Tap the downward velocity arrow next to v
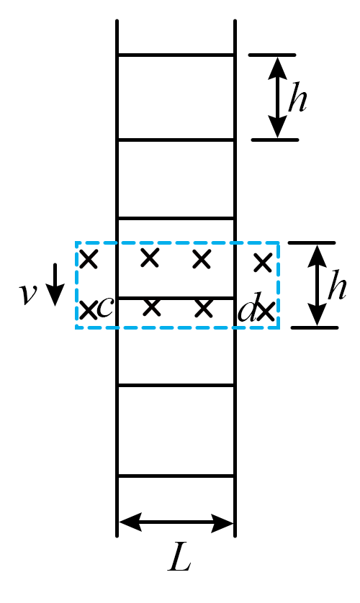coord(55,284)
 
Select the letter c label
coord(104,308)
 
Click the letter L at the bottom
coord(179,556)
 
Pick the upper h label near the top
coord(297,97)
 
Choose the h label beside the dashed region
coord(337,284)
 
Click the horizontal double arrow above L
coord(176,522)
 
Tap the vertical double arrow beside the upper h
coord(277,97)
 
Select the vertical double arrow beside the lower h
coord(317,285)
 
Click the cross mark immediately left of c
coord(88,310)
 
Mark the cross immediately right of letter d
coord(266,311)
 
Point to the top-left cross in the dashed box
coord(89,258)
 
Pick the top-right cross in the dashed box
coord(263,263)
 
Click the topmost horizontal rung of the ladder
coord(176,55)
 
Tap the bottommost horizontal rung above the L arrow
coord(176,476)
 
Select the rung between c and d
coord(176,298)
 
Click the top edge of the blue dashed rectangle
coord(177,242)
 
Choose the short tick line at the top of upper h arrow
coord(272,55)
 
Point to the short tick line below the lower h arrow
coord(315,327)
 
